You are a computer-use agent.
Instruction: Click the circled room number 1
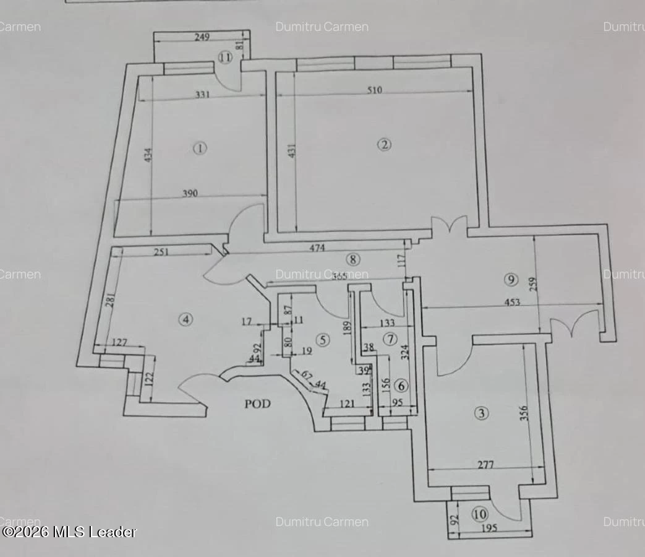pyautogui.click(x=199, y=148)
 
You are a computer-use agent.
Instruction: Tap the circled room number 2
pyautogui.click(x=385, y=145)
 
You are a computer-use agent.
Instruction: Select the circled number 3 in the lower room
pyautogui.click(x=481, y=413)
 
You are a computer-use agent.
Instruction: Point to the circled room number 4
pyautogui.click(x=186, y=319)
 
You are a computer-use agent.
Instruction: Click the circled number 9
pyautogui.click(x=510, y=280)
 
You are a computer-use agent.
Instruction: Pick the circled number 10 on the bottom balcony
pyautogui.click(x=479, y=514)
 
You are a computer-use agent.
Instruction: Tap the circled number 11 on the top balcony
pyautogui.click(x=224, y=58)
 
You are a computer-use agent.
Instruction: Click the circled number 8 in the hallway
pyautogui.click(x=352, y=259)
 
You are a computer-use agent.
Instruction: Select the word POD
pyautogui.click(x=257, y=404)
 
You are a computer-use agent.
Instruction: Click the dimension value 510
pyautogui.click(x=374, y=90)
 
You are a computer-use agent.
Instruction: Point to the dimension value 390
pyautogui.click(x=189, y=193)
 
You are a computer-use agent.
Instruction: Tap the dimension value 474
pyautogui.click(x=317, y=248)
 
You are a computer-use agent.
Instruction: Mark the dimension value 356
pyautogui.click(x=523, y=413)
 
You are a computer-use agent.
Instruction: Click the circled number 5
pyautogui.click(x=322, y=339)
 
